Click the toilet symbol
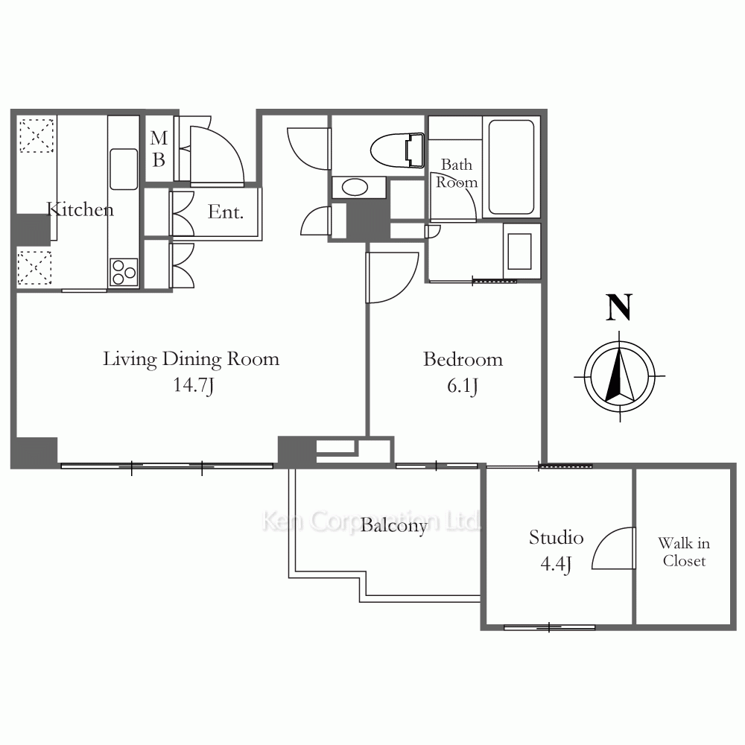[397, 150]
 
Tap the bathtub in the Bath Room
[511, 167]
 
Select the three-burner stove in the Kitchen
[124, 272]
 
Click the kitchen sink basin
[124, 169]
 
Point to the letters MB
[159, 149]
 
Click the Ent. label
[226, 212]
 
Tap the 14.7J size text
[193, 385]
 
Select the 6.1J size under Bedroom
[463, 386]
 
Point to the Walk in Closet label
[684, 551]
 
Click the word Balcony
[394, 526]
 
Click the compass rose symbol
[620, 376]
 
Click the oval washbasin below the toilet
[355, 187]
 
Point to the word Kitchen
[80, 209]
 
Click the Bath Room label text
[457, 174]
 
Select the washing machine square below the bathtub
[519, 251]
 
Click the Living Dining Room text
[191, 360]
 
